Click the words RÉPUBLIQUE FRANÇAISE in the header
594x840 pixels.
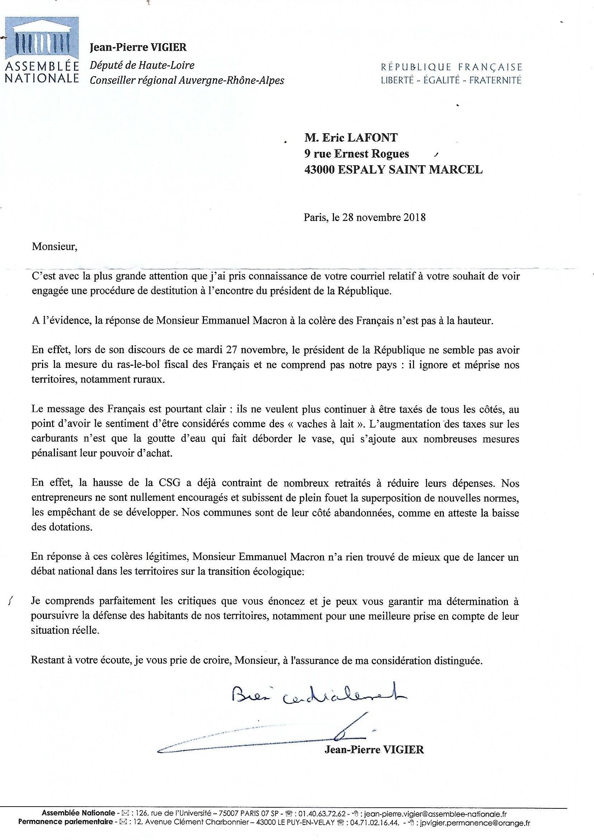tap(451, 67)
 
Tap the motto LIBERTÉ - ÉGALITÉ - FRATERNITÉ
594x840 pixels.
tap(451, 80)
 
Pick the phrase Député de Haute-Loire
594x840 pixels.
tap(142, 65)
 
